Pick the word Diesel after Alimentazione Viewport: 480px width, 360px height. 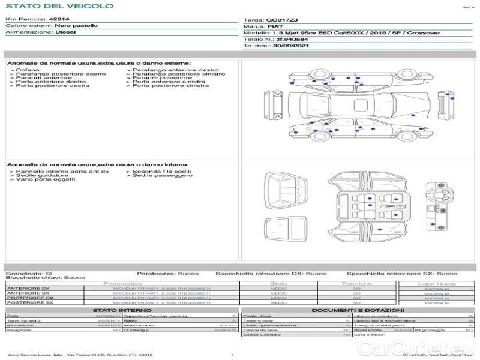[65, 33]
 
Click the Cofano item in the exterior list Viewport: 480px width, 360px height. [28, 70]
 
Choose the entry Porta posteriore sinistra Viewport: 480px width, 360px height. [170, 86]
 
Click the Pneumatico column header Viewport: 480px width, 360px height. [122, 283]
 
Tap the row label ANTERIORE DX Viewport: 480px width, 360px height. [28, 289]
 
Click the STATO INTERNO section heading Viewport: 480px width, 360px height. [118, 310]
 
